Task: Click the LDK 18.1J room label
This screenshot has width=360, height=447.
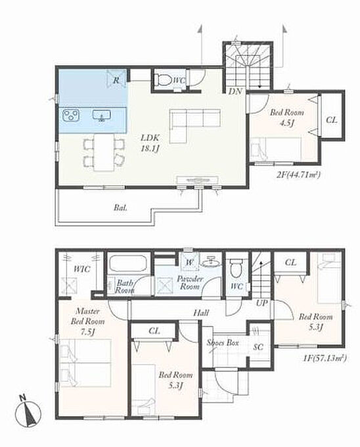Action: tap(150, 143)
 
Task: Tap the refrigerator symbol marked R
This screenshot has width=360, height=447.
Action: tap(116, 78)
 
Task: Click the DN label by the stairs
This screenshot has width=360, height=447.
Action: tap(236, 91)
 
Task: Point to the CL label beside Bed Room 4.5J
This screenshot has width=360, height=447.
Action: tap(332, 120)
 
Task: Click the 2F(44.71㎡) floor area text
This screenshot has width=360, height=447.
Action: tap(298, 174)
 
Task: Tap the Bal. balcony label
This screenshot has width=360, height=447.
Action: tap(120, 208)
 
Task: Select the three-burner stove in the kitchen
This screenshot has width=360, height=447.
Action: tap(71, 115)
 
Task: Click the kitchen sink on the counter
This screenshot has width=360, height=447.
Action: tap(102, 115)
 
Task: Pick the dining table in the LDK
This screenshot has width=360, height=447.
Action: tap(104, 153)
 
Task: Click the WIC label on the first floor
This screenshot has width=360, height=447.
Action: tap(82, 269)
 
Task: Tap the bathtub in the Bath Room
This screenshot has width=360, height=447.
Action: tap(128, 264)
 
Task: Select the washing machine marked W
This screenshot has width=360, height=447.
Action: tap(189, 262)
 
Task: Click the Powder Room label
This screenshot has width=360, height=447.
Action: tap(190, 282)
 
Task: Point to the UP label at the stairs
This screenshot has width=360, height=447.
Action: tap(261, 303)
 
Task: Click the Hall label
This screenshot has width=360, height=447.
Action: tap(201, 313)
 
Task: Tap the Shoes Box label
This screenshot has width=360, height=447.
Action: tap(223, 342)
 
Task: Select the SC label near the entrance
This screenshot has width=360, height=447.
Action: tap(258, 347)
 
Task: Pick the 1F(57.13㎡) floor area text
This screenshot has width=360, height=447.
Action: tap(325, 358)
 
